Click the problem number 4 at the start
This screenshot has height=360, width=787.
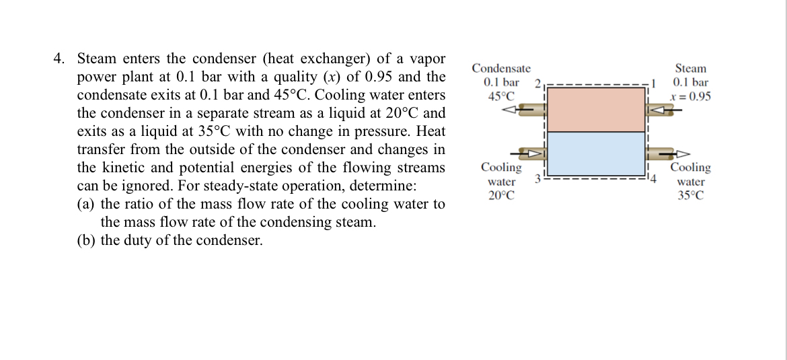coord(59,59)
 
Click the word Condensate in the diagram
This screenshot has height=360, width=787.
coord(501,69)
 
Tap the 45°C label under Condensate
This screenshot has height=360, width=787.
coord(501,96)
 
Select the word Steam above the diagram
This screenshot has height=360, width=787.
coord(690,69)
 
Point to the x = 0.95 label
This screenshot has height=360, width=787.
coord(690,96)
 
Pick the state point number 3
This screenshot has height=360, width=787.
coord(537,179)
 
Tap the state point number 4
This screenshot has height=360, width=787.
coord(651,179)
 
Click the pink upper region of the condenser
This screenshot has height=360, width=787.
coord(596,109)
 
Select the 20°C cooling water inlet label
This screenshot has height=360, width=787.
coord(501,196)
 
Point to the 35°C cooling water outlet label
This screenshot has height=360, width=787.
coord(691,196)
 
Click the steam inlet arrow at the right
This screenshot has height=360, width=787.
coord(662,108)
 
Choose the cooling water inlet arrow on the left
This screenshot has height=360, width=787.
coord(534,153)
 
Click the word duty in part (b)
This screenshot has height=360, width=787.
coord(140,240)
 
